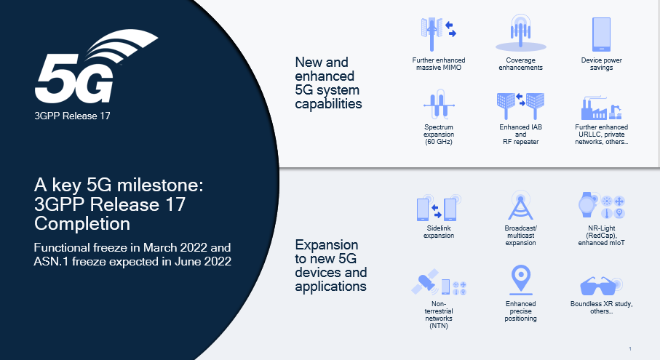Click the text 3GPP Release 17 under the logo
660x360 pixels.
click(x=73, y=115)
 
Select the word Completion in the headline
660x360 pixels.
click(x=82, y=221)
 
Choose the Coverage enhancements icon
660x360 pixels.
click(x=520, y=33)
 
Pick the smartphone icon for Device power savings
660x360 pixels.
click(x=601, y=33)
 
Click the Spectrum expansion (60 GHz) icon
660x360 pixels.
click(x=439, y=105)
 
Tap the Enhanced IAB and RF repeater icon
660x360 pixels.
click(x=520, y=105)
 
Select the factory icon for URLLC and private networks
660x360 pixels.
click(x=601, y=108)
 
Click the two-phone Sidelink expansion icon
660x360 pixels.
click(x=439, y=209)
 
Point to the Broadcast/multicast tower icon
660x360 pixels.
click(x=520, y=207)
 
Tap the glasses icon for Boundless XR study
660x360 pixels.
click(x=601, y=285)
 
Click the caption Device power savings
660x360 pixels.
click(x=601, y=63)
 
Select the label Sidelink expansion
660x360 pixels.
click(x=439, y=233)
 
